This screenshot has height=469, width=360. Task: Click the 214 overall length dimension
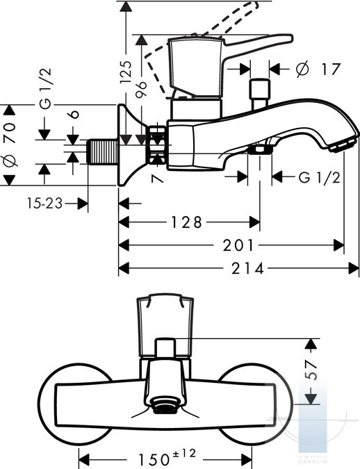(x=248, y=268)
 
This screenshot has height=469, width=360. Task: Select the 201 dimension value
(x=238, y=245)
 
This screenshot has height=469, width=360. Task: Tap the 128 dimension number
(x=186, y=222)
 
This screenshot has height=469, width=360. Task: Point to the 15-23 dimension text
(x=44, y=204)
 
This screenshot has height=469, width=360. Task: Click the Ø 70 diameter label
(x=10, y=144)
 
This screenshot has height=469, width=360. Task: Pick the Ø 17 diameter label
(x=318, y=69)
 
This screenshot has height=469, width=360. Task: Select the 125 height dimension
(x=126, y=72)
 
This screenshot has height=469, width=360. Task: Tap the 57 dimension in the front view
(x=311, y=370)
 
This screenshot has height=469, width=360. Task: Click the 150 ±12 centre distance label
(x=167, y=457)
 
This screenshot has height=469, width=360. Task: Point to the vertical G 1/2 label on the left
(x=45, y=88)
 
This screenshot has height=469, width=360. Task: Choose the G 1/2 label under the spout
(x=320, y=178)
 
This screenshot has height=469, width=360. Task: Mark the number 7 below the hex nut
(x=158, y=179)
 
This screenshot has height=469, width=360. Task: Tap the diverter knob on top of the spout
(x=259, y=94)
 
